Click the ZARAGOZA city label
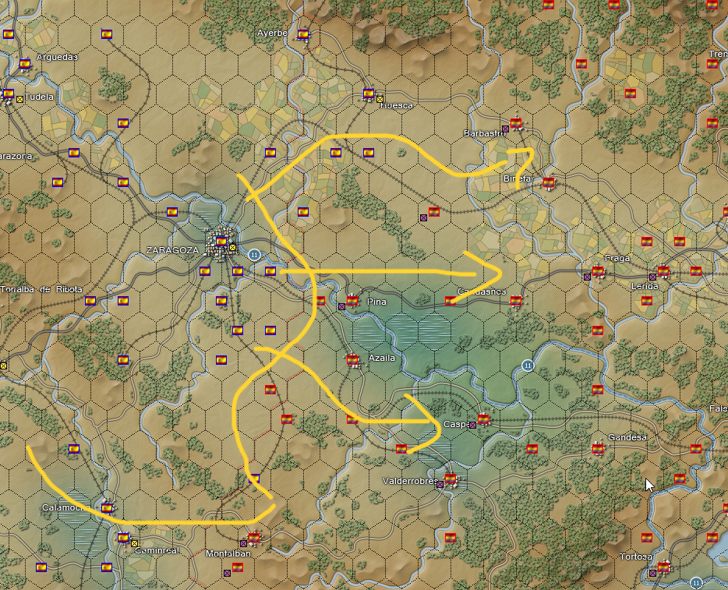(172, 250)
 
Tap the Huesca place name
(398, 105)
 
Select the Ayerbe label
(273, 33)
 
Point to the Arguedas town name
(58, 57)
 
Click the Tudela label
(40, 97)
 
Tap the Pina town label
(376, 302)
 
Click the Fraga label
(617, 258)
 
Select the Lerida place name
(645, 286)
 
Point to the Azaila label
(383, 358)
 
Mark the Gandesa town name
(627, 437)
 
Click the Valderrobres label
(410, 481)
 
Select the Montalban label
(228, 553)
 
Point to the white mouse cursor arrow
(649, 484)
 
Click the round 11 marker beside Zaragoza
(254, 254)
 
